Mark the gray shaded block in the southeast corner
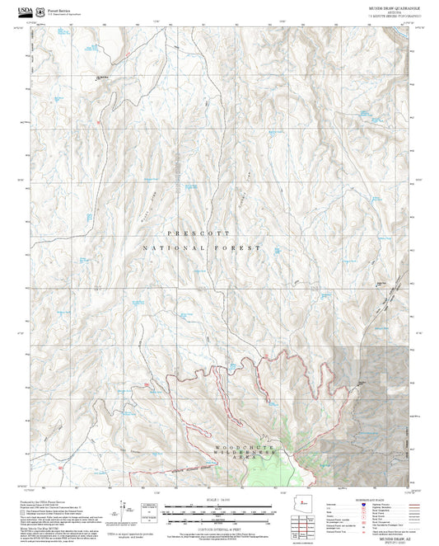[x=371, y=379]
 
